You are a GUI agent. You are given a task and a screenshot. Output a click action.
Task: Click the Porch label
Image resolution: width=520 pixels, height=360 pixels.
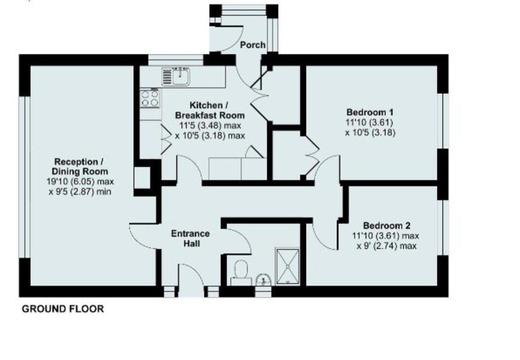253,45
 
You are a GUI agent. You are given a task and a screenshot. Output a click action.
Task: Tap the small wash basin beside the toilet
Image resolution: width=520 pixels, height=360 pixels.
263,280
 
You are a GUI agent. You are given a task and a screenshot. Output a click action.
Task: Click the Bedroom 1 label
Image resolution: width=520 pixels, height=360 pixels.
370,112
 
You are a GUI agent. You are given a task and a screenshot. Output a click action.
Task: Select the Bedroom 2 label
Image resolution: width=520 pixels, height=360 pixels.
387,226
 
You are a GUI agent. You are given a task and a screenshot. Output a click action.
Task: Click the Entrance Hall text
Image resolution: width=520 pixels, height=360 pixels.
190,239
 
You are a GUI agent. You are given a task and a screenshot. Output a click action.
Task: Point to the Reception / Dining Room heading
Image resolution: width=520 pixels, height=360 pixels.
78,167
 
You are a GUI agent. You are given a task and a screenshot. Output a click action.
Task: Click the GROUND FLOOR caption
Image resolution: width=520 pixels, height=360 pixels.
63,309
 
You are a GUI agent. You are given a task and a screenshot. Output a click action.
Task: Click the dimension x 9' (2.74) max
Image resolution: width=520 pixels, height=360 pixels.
387,246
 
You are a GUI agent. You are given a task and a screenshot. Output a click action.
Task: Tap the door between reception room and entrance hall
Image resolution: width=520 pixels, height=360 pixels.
143,236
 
